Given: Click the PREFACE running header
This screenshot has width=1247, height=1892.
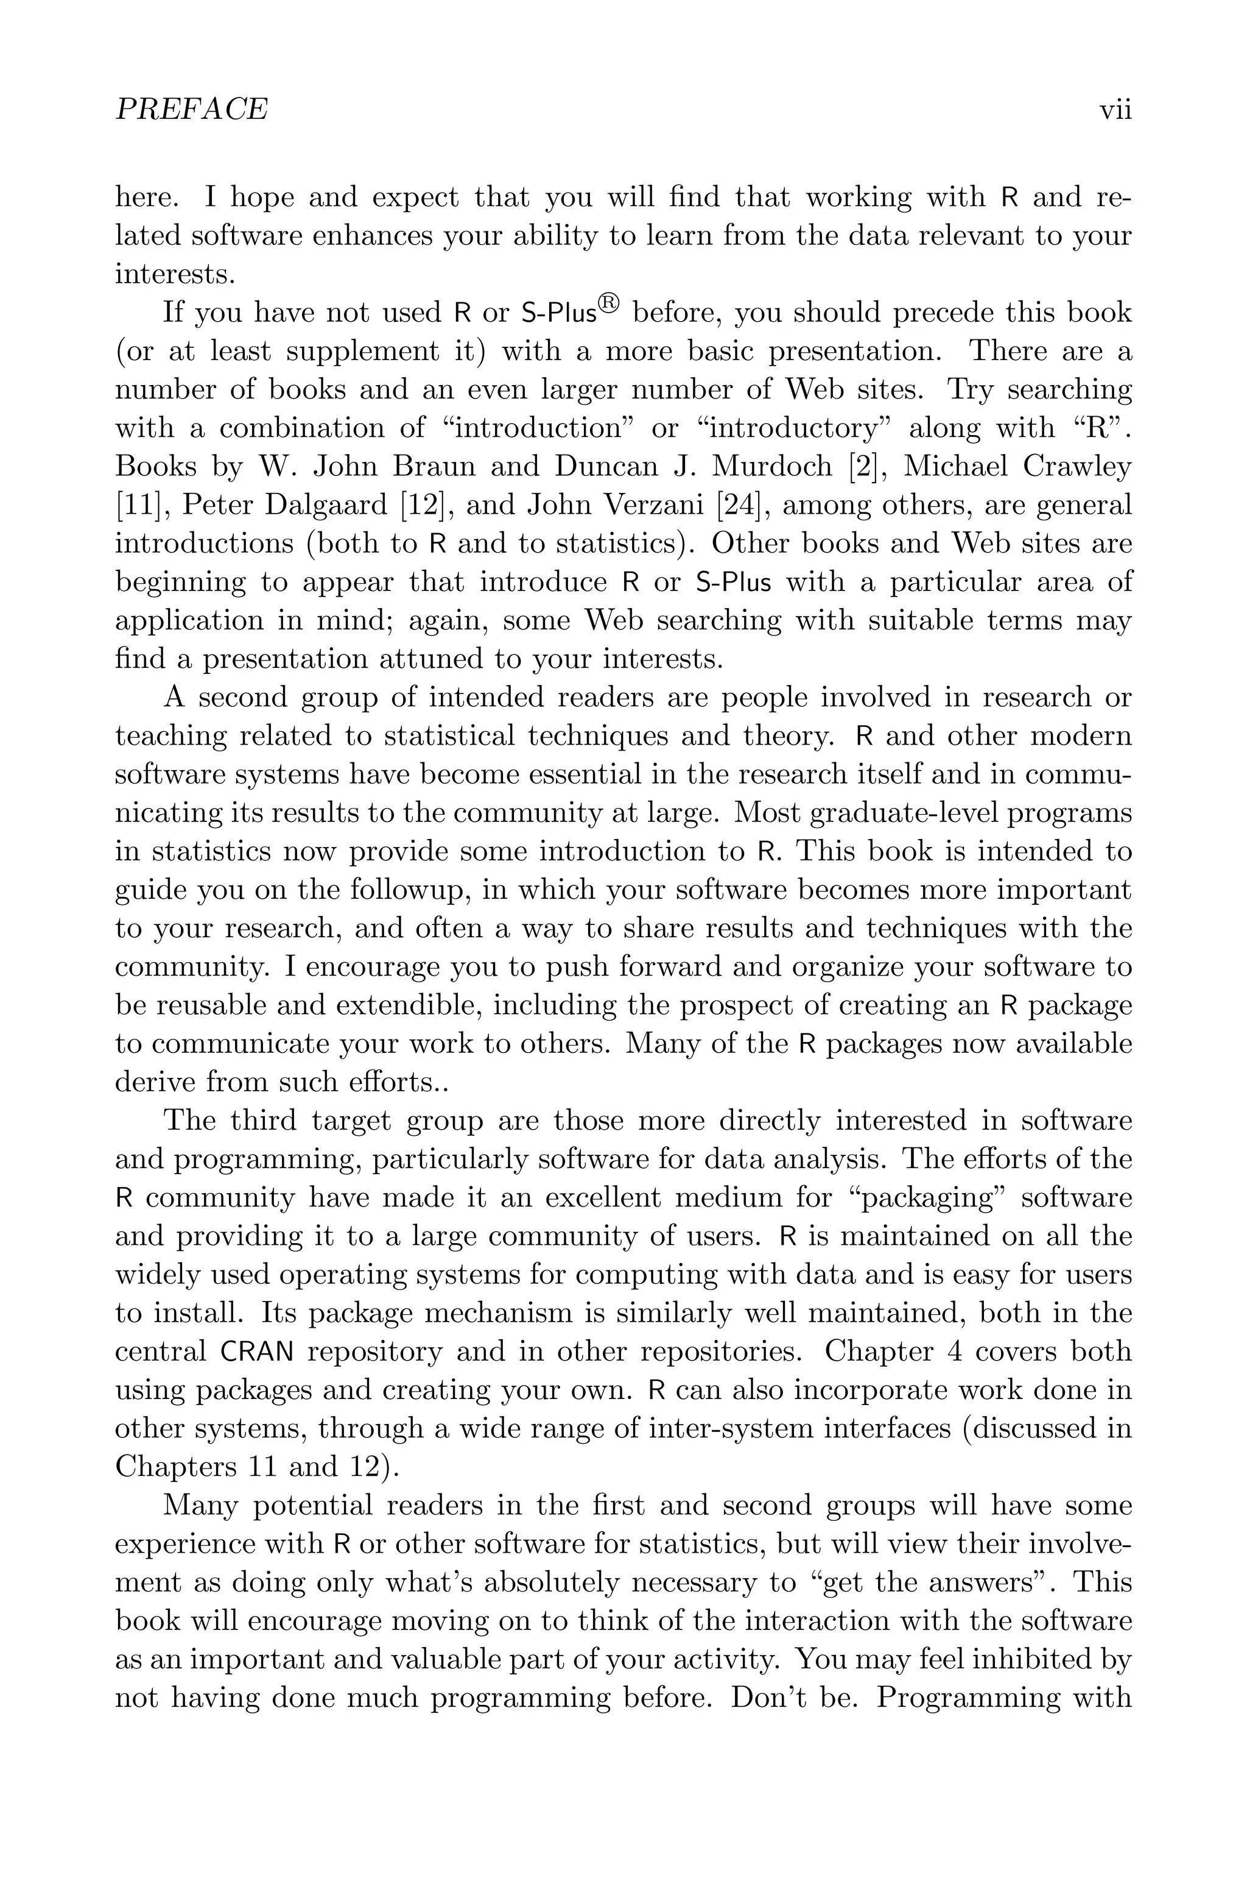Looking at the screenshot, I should (192, 109).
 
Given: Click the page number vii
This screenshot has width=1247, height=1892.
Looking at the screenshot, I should (1115, 109).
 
